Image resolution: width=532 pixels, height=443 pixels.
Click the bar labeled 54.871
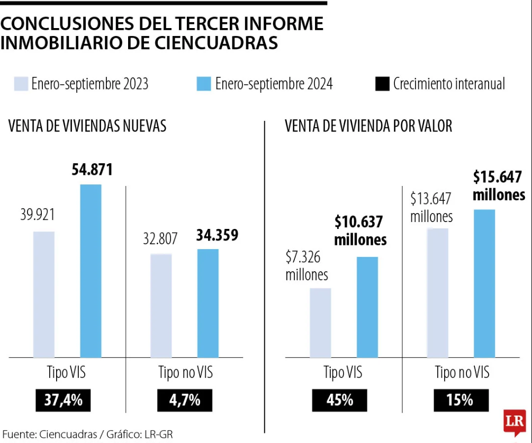point(91,271)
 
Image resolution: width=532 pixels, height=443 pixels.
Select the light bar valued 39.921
point(44,295)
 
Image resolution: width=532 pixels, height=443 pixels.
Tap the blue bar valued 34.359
point(208,303)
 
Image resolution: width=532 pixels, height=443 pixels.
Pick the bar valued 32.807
point(161,306)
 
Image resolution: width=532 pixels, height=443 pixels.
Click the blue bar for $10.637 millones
point(367,307)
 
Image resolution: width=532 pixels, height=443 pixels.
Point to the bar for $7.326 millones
point(320,323)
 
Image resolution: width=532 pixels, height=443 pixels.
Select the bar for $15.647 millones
point(484,283)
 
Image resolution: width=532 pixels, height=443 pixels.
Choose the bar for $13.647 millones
point(438,293)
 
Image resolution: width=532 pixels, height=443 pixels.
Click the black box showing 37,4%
point(63,400)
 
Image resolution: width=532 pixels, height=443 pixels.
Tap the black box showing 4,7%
point(184,400)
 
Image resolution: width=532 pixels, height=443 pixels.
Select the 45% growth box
point(339,400)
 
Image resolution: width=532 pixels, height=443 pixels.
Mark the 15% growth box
point(460,400)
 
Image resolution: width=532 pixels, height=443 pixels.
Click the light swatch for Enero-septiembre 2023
point(21,84)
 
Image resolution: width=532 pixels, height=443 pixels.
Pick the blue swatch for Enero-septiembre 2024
point(204,84)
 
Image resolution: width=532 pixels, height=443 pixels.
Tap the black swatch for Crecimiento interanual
point(382,84)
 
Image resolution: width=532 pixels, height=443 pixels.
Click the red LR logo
point(515,423)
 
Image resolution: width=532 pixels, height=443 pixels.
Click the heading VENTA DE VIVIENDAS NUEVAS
point(87,126)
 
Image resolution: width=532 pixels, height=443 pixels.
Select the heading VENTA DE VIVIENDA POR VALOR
point(368,126)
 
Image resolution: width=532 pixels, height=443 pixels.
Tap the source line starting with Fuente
point(87,435)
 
